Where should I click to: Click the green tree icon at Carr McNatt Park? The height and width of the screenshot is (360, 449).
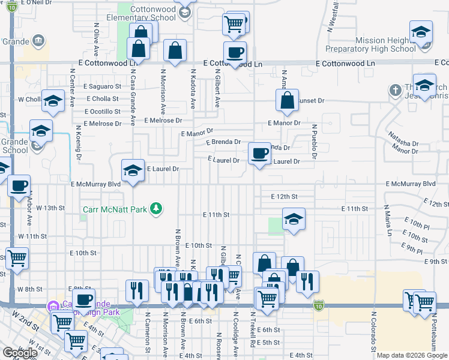tap(157, 209)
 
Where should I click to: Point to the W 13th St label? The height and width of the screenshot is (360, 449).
tap(50, 208)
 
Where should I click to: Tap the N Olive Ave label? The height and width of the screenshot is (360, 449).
tap(96, 38)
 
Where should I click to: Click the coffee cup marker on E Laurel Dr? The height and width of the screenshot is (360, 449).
tap(259, 154)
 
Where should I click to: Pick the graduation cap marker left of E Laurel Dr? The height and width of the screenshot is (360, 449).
tap(133, 172)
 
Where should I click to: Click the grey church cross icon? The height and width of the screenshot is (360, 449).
tap(395, 90)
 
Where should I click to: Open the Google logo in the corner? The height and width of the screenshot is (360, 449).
tap(20, 353)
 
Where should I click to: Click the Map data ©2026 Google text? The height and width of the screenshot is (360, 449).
tap(412, 355)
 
